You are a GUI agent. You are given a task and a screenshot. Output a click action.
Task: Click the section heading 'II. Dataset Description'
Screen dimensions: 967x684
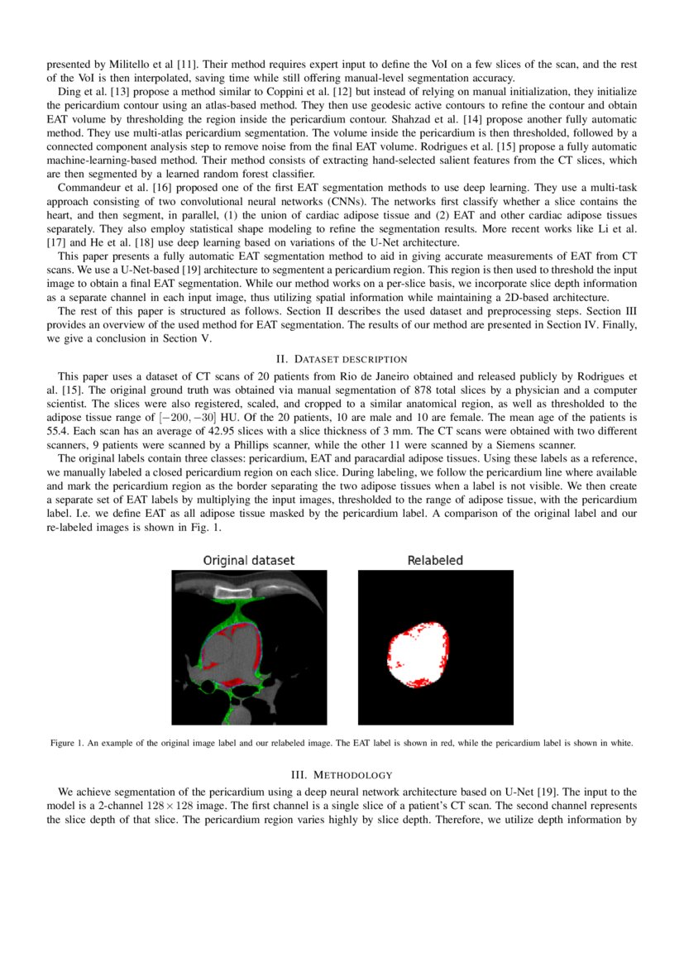point(341,359)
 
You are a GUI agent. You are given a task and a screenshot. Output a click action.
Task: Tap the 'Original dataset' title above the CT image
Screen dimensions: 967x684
point(249,561)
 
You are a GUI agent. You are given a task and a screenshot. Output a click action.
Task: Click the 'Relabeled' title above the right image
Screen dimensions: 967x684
point(435,561)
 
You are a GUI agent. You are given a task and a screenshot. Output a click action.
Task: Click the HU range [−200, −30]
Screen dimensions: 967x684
point(186,417)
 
